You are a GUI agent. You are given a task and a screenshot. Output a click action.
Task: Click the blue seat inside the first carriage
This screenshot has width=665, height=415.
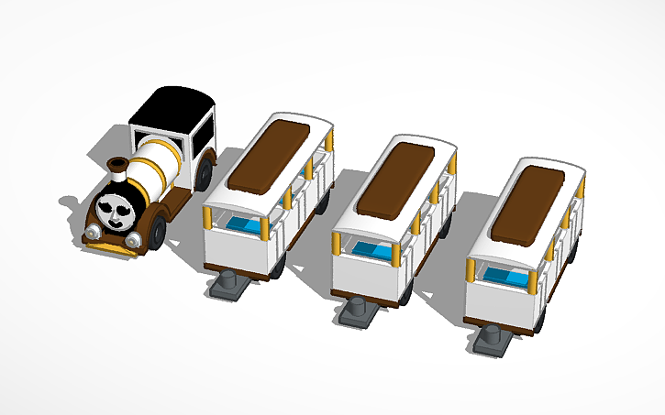243,225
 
